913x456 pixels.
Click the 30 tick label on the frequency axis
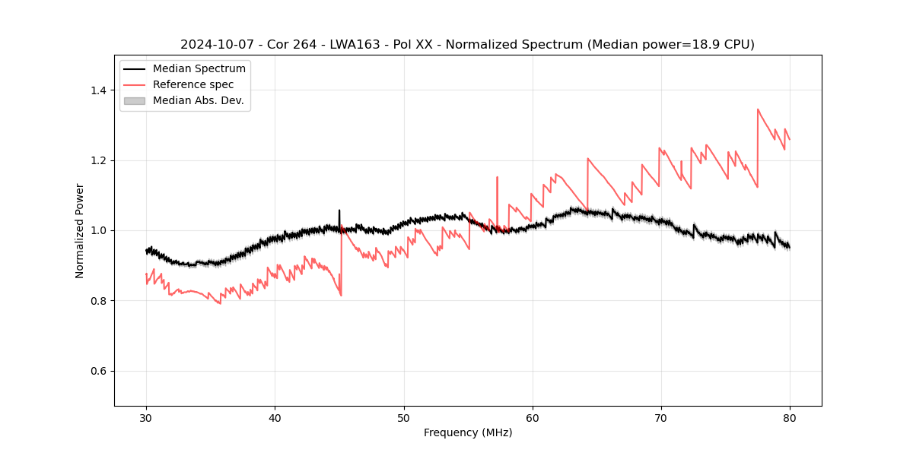146,417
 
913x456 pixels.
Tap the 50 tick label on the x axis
404,417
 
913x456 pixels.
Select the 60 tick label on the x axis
533,417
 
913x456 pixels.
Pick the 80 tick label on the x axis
790,417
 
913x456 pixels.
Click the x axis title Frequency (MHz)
468,432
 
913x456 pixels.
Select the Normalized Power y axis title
80,230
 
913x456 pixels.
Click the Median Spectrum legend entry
199,68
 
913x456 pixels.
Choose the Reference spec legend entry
193,84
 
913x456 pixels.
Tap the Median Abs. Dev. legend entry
198,100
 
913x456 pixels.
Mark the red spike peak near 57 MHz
497,177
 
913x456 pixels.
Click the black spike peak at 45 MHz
339,210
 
